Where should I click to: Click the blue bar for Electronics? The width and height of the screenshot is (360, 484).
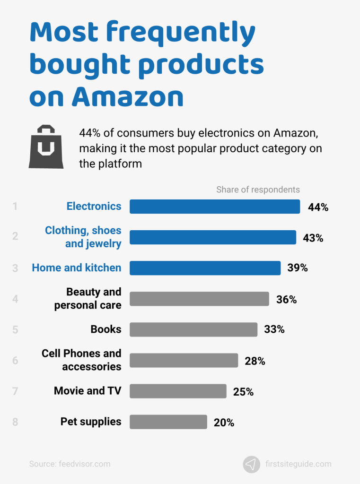(x=215, y=207)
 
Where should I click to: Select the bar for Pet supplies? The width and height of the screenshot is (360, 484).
(x=168, y=422)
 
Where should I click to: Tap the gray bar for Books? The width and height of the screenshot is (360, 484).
(x=193, y=329)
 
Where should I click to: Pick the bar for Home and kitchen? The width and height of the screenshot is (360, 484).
(x=205, y=268)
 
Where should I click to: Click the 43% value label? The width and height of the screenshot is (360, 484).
(x=313, y=238)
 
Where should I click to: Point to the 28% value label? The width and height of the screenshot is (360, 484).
(x=255, y=361)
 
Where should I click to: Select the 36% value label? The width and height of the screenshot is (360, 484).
(x=286, y=299)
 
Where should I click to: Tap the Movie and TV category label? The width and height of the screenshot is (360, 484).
(x=88, y=391)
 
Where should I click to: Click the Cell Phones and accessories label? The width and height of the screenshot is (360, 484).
(x=81, y=360)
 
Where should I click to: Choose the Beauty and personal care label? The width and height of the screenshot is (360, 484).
(x=88, y=298)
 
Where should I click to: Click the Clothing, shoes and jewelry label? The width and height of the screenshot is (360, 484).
(x=83, y=237)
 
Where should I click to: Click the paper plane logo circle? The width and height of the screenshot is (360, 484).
(x=252, y=464)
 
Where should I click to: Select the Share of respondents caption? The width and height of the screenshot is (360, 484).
(x=258, y=190)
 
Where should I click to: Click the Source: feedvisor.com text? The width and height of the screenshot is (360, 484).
(x=70, y=464)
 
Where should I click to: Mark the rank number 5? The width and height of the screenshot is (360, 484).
(x=15, y=329)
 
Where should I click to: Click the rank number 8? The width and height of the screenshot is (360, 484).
(x=15, y=422)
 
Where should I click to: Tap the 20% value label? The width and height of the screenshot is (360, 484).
(x=224, y=423)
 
